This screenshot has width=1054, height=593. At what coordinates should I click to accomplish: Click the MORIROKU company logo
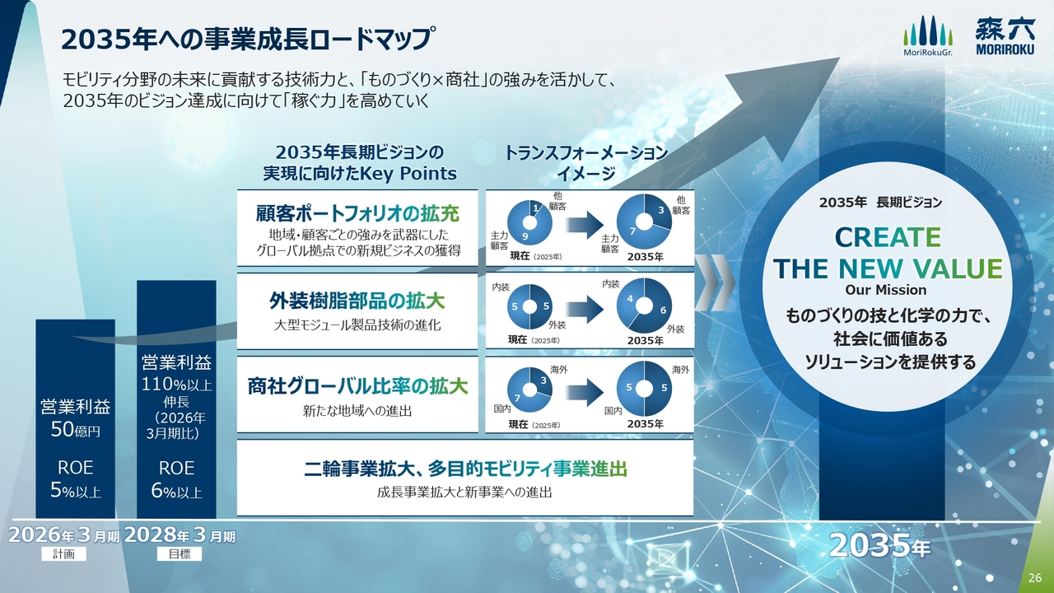[x=1005, y=36]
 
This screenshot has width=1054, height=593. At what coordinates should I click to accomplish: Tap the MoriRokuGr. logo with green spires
[x=927, y=35]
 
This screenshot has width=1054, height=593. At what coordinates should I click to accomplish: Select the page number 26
[x=1035, y=578]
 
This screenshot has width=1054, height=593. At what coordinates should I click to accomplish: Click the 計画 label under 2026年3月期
[x=64, y=554]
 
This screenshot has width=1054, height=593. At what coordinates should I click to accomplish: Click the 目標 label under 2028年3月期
[x=180, y=554]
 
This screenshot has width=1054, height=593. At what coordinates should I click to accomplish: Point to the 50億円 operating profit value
[x=75, y=429]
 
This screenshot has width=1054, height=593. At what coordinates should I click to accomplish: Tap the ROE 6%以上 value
[x=176, y=479]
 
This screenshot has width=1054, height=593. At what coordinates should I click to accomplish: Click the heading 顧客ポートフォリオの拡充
[x=357, y=213]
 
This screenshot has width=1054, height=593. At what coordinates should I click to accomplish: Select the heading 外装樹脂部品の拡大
[x=357, y=301]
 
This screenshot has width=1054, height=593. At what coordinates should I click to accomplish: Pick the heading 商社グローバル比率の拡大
[x=357, y=386]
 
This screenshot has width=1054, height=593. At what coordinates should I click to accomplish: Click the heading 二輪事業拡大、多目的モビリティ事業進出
[x=465, y=469]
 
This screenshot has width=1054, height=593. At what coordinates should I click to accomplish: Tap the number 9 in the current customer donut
[x=525, y=236]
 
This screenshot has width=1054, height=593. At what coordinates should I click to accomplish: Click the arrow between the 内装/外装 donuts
[x=585, y=309]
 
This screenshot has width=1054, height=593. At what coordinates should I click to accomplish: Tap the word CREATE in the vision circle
[x=888, y=237]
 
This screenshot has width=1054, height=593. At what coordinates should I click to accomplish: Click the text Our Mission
[x=885, y=290]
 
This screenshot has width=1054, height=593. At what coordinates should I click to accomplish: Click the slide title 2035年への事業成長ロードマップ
[x=245, y=40]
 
